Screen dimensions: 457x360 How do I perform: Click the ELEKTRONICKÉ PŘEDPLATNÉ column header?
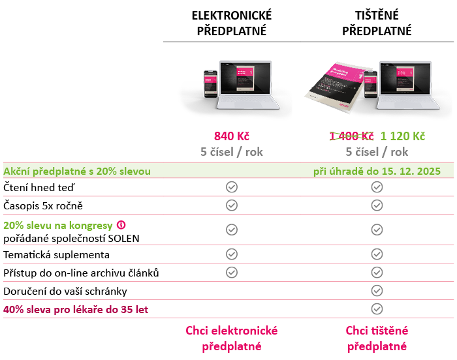232,23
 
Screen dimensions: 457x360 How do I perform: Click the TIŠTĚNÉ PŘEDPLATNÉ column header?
377,23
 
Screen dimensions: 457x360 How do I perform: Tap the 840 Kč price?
232,136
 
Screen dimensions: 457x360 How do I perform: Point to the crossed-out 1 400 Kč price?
351,136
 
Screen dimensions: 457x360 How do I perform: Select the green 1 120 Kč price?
403,136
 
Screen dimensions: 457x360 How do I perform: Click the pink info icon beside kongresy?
121,225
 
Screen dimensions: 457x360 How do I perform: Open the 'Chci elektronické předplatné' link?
232,338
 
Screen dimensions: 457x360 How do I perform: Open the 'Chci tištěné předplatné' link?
377,338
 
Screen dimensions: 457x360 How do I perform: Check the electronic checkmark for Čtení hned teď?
232,187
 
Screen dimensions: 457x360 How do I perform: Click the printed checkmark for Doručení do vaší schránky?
377,291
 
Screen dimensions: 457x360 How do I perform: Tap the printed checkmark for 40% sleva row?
377,309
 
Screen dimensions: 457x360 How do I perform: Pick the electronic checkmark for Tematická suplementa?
232,254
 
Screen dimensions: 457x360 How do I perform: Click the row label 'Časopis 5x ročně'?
43,205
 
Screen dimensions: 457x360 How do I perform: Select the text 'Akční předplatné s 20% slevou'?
77,171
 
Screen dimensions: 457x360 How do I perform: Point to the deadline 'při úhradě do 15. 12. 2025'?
377,171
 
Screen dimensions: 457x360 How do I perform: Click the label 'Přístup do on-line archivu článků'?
81,273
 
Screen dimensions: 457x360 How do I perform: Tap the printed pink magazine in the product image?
336,87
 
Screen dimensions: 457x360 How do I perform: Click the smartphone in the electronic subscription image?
210,84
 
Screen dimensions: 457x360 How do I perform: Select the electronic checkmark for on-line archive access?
232,273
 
